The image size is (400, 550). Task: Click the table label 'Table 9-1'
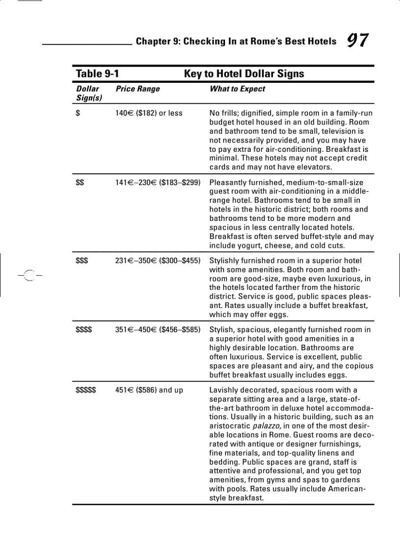98,74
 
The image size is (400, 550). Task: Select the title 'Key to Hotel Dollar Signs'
244,74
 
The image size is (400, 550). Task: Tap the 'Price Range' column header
138,89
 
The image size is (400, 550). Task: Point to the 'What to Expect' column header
237,89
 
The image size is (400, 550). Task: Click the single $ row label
78,113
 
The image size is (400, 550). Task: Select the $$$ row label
82,261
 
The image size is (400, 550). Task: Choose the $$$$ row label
84,330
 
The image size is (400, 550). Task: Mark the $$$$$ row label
86,390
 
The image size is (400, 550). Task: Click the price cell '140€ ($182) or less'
149,113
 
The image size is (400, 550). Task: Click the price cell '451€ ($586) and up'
149,390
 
